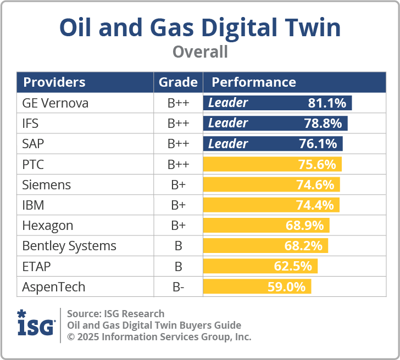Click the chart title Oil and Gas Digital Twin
point(200,28)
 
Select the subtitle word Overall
point(200,52)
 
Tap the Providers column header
point(54,82)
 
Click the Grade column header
point(178,82)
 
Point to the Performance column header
point(254,82)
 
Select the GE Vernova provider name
point(55,103)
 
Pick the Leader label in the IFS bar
point(228,123)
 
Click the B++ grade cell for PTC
point(178,165)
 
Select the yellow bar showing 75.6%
point(273,165)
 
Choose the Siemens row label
point(47,185)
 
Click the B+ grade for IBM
point(178,205)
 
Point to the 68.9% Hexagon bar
point(266,226)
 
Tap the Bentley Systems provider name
point(69,246)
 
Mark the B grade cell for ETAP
point(178,267)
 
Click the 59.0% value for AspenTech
point(291,287)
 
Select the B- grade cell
point(178,287)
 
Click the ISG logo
point(36,324)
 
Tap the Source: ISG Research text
point(115,314)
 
